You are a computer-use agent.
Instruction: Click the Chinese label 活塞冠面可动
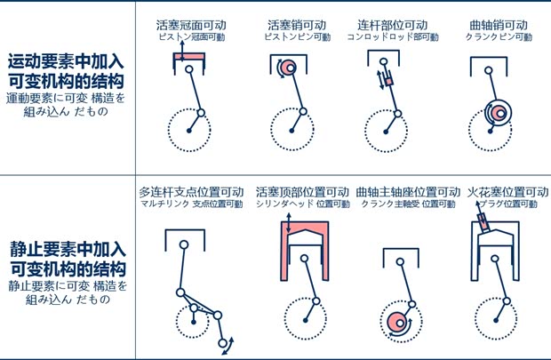coord(189,25)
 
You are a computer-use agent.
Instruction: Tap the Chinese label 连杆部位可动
coord(392,25)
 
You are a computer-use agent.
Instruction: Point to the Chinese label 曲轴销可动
coord(499,25)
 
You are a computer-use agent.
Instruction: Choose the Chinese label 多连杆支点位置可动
coord(191,192)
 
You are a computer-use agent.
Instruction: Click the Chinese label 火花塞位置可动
coord(508,192)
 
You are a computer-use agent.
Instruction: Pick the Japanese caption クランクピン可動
coord(499,38)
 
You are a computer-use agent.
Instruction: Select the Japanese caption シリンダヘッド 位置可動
coord(302,204)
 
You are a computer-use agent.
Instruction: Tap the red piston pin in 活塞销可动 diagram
coord(286,68)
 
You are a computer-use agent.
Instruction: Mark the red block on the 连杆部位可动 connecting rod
coord(387,82)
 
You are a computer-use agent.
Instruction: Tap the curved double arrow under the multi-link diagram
coord(228,345)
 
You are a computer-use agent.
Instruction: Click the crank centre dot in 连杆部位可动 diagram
coord(384,132)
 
